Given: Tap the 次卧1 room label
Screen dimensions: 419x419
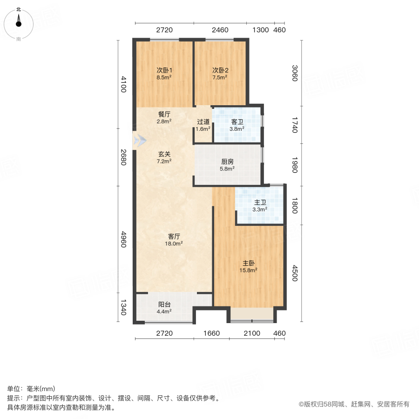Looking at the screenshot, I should pos(164,71).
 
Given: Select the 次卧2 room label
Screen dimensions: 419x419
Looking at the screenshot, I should pos(220,71).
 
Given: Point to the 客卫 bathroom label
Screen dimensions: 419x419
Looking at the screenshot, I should pos(237,122).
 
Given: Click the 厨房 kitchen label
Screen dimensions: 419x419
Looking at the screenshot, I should pos(227,162).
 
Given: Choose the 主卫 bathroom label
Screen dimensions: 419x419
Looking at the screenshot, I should pos(260,203).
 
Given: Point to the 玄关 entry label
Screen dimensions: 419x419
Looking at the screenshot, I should pos(164,154).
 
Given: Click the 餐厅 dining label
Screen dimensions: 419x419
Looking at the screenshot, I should pos(164,114).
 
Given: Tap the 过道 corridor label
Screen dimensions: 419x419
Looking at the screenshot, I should pos(203,122).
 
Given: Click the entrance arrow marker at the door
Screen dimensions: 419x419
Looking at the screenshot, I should pos(139,140).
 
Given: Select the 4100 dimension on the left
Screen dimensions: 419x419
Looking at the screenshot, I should pos(123,86).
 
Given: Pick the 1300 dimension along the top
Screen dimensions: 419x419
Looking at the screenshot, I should pos(261,30).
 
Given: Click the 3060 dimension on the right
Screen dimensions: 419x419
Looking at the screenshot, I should pos(295,73).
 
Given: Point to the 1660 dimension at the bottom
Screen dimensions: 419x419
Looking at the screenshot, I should pos(211,333).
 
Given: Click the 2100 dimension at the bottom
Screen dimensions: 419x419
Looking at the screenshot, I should pos(251,333).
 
